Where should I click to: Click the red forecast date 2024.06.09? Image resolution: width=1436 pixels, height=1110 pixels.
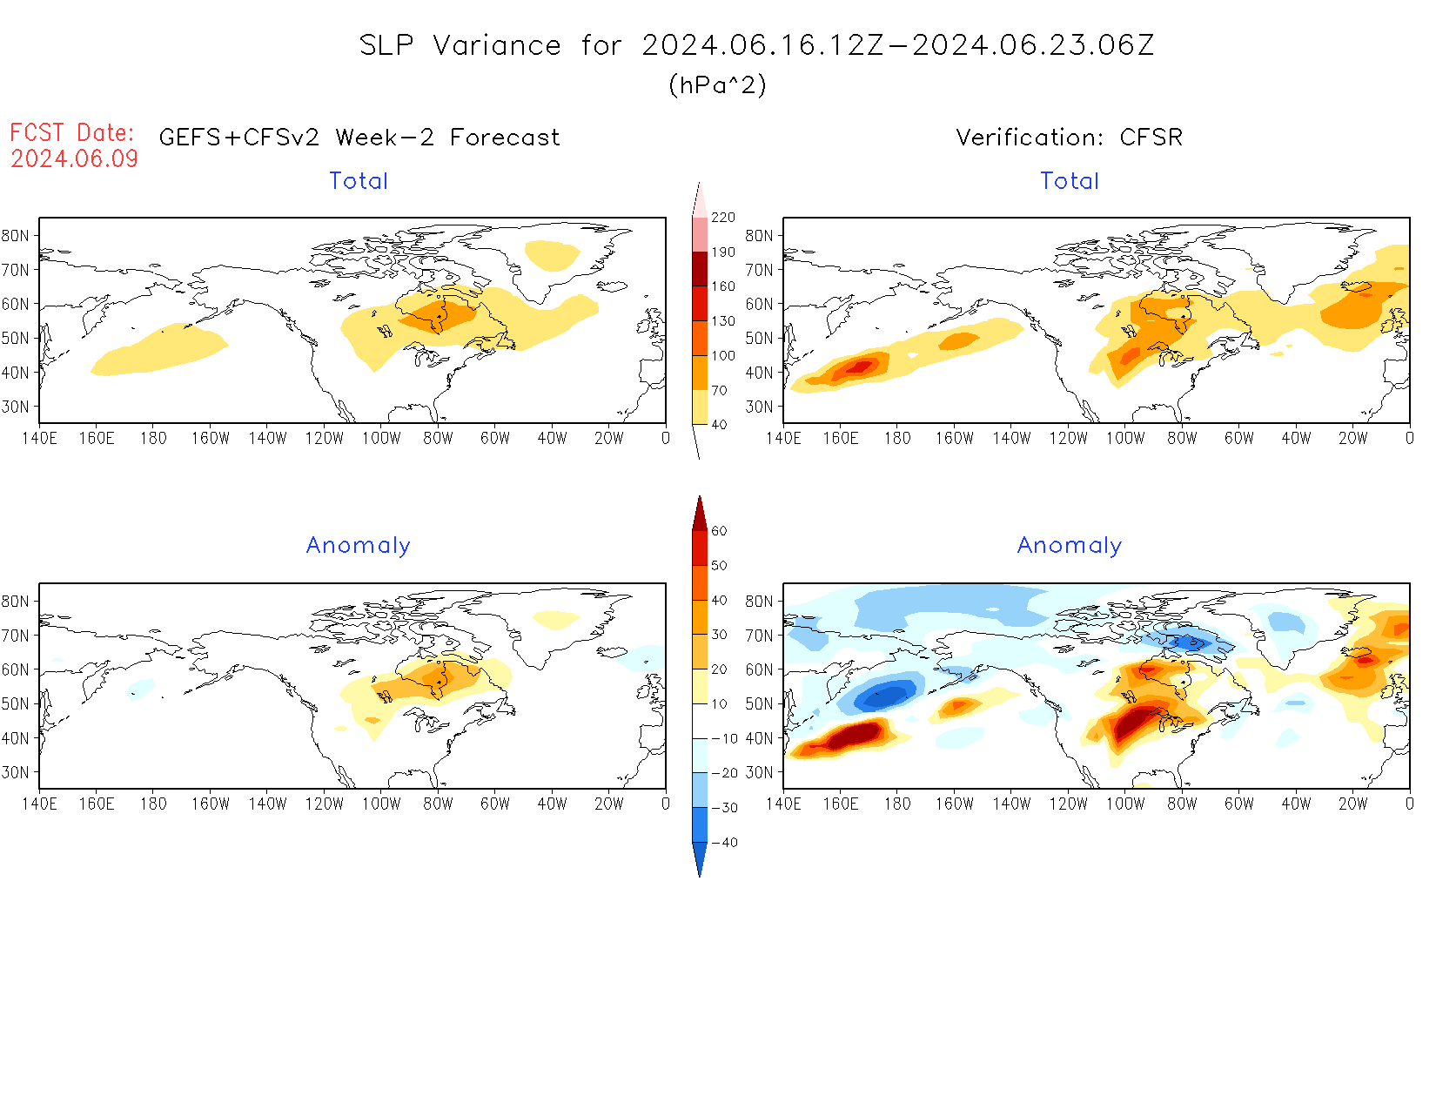pos(75,158)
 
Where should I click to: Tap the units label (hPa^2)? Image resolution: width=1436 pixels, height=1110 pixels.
pos(717,84)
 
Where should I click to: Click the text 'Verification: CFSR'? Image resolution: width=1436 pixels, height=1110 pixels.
pos(1069,138)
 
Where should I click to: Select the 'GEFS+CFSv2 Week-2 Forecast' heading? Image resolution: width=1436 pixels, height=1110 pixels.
pos(359,138)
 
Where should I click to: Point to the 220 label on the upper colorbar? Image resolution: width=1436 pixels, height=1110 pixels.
pos(722,218)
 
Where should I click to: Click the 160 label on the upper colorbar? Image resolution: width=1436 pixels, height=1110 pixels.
pos(722,286)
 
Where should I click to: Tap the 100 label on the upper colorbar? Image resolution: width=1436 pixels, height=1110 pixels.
pos(722,356)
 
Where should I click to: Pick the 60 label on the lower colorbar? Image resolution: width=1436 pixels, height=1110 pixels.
pos(719,531)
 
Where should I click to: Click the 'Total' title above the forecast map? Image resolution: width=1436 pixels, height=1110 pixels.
pos(359,181)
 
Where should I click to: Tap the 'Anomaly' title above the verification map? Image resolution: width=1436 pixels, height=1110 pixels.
pos(1069,546)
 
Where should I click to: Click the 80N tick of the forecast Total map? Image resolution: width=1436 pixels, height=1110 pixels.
pos(16,235)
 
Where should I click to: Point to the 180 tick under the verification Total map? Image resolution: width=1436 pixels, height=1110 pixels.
pos(897,438)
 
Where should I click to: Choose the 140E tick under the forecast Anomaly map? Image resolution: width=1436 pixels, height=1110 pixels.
pos(39,804)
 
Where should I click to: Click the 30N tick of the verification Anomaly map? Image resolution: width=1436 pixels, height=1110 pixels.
pos(759,772)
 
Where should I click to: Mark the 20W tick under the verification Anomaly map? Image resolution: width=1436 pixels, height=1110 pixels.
pos(1352,804)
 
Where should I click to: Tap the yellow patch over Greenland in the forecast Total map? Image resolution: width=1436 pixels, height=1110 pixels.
pos(552,254)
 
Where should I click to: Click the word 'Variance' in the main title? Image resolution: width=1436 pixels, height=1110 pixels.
pos(497,45)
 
